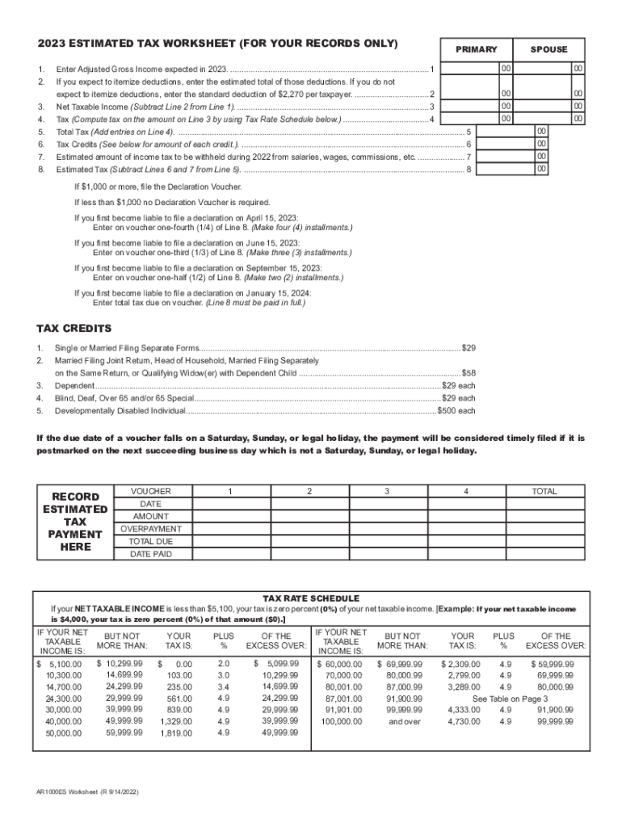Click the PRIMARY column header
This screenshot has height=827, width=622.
coord(476,49)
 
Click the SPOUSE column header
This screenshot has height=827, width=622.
coord(548,49)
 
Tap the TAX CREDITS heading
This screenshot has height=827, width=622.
coord(74,329)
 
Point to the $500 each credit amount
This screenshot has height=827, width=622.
coord(456,411)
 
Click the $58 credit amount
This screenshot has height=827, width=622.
coord(468,373)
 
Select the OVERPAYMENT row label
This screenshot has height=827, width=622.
coord(151,529)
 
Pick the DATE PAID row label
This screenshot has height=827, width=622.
coord(151,554)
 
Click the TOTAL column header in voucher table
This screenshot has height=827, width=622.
coord(544,491)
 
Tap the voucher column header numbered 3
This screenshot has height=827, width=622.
coord(387,491)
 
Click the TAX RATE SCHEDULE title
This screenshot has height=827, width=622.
coord(312,598)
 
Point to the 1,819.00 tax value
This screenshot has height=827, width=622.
coord(176,733)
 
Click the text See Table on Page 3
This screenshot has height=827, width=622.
coord(510,698)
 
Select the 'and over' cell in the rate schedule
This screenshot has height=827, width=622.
coord(404,721)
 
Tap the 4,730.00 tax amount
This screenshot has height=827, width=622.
coord(464,721)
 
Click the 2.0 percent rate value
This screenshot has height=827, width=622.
coord(224,663)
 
